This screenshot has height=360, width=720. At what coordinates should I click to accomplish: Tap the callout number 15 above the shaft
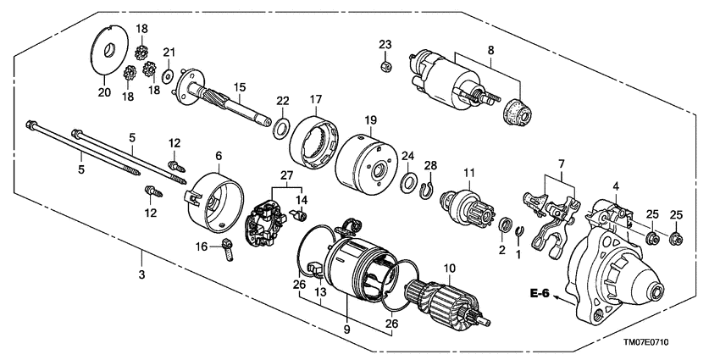(240, 87)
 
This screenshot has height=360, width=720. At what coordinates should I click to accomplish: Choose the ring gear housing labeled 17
(316, 142)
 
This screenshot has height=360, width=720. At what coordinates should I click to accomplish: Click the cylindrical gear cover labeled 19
(367, 165)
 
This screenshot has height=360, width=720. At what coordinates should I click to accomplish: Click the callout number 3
(141, 275)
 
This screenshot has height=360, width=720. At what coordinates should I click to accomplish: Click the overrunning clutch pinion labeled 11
(469, 208)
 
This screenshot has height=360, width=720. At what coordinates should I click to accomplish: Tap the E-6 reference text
(540, 294)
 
